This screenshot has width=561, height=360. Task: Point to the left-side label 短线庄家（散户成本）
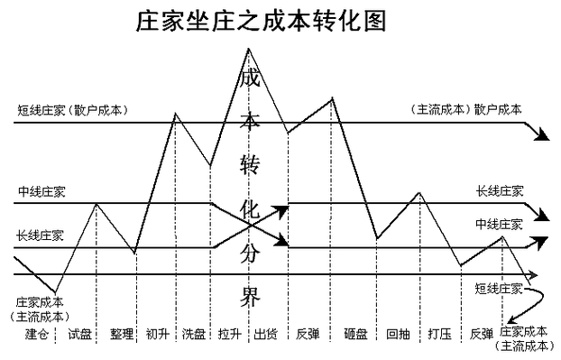click(x=72, y=110)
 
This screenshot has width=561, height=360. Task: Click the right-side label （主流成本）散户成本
click(x=466, y=110)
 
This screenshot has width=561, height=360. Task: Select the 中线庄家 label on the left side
click(x=41, y=192)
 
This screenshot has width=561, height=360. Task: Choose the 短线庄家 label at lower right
click(x=499, y=288)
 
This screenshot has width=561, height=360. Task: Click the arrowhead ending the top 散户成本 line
click(x=541, y=135)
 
